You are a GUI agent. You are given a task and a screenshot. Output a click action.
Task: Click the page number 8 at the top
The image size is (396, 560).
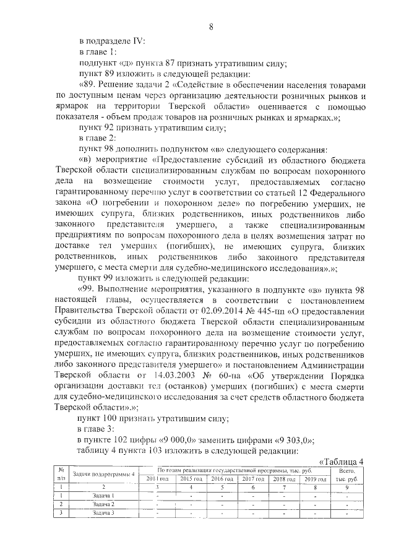click(210, 27)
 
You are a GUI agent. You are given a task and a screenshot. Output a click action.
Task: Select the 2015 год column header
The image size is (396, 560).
click(190, 480)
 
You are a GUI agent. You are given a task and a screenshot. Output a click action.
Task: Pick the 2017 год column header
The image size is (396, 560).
click(252, 480)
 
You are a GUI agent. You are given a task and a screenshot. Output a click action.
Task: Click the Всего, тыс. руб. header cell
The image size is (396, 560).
click(346, 475)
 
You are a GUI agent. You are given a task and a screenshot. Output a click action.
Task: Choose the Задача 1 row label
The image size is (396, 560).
click(103, 496)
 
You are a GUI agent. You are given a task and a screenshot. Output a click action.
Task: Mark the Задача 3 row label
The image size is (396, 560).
click(103, 513)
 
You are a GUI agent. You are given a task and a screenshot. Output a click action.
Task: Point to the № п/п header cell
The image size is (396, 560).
click(61, 475)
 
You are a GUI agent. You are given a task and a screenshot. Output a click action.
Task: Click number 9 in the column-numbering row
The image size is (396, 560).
click(346, 488)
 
